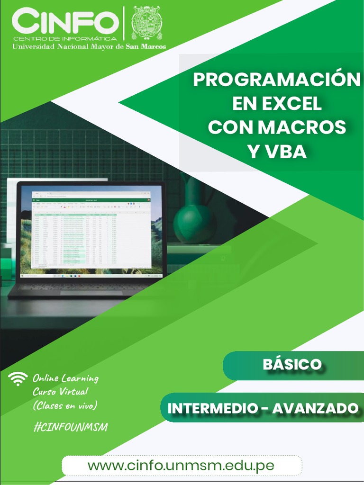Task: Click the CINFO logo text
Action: pos(65,21)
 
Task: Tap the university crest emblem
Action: pos(146,23)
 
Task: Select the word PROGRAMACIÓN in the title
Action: pos(276,80)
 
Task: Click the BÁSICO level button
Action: pos(292,365)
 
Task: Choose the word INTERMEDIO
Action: pos(211,408)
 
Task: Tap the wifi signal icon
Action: pos(18,378)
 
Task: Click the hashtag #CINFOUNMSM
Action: pos(71,427)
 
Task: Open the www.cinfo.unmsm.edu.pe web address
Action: pos(181,465)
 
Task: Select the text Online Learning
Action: pos(65,378)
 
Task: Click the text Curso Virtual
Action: pos(60,392)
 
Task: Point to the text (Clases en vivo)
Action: pos(65,406)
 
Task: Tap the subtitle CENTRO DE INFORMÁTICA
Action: pos(65,38)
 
